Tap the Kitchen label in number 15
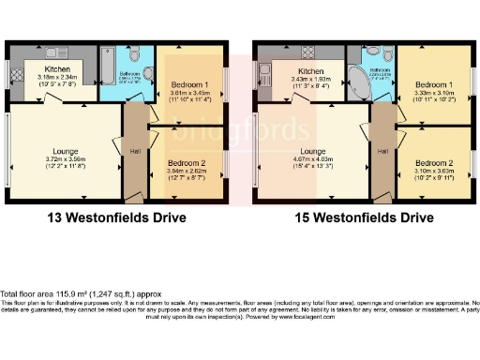[x=310, y=69]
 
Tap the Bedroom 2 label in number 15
[x=433, y=161]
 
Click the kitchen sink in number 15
[x=263, y=70]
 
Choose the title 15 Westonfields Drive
[x=367, y=218]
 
